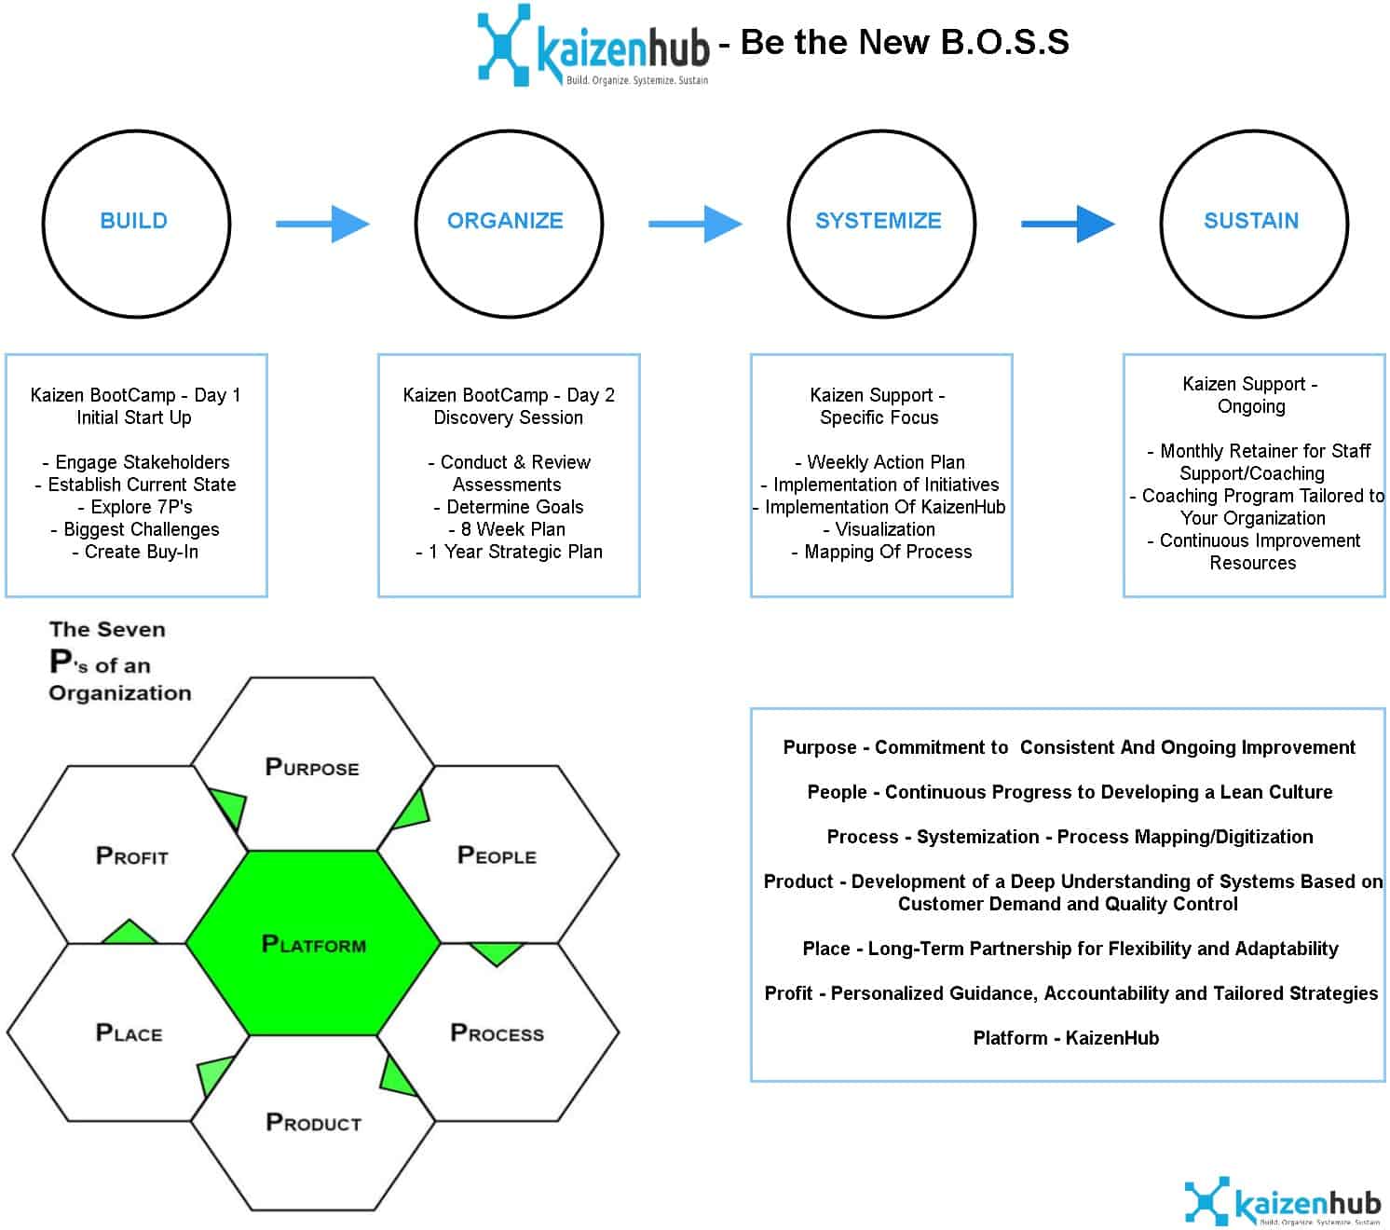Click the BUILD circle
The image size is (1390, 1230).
tap(136, 223)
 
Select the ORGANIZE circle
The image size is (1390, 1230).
tap(508, 223)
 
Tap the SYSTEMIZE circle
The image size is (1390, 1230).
tap(880, 223)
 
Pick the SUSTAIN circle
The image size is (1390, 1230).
tap(1253, 223)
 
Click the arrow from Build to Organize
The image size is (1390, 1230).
tap(322, 224)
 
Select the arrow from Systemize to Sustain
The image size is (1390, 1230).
tap(1068, 224)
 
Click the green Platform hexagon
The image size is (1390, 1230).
tap(313, 943)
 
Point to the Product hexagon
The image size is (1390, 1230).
tap(313, 1122)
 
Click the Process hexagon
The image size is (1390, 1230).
tap(497, 1032)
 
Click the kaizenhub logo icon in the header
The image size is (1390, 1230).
tap(504, 44)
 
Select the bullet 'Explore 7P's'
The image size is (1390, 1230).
tap(136, 507)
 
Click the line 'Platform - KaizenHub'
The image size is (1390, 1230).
tap(1066, 1038)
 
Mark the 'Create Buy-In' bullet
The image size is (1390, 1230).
tap(136, 552)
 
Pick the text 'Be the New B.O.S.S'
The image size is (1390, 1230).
tap(905, 42)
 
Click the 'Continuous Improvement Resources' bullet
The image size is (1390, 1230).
tap(1254, 552)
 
